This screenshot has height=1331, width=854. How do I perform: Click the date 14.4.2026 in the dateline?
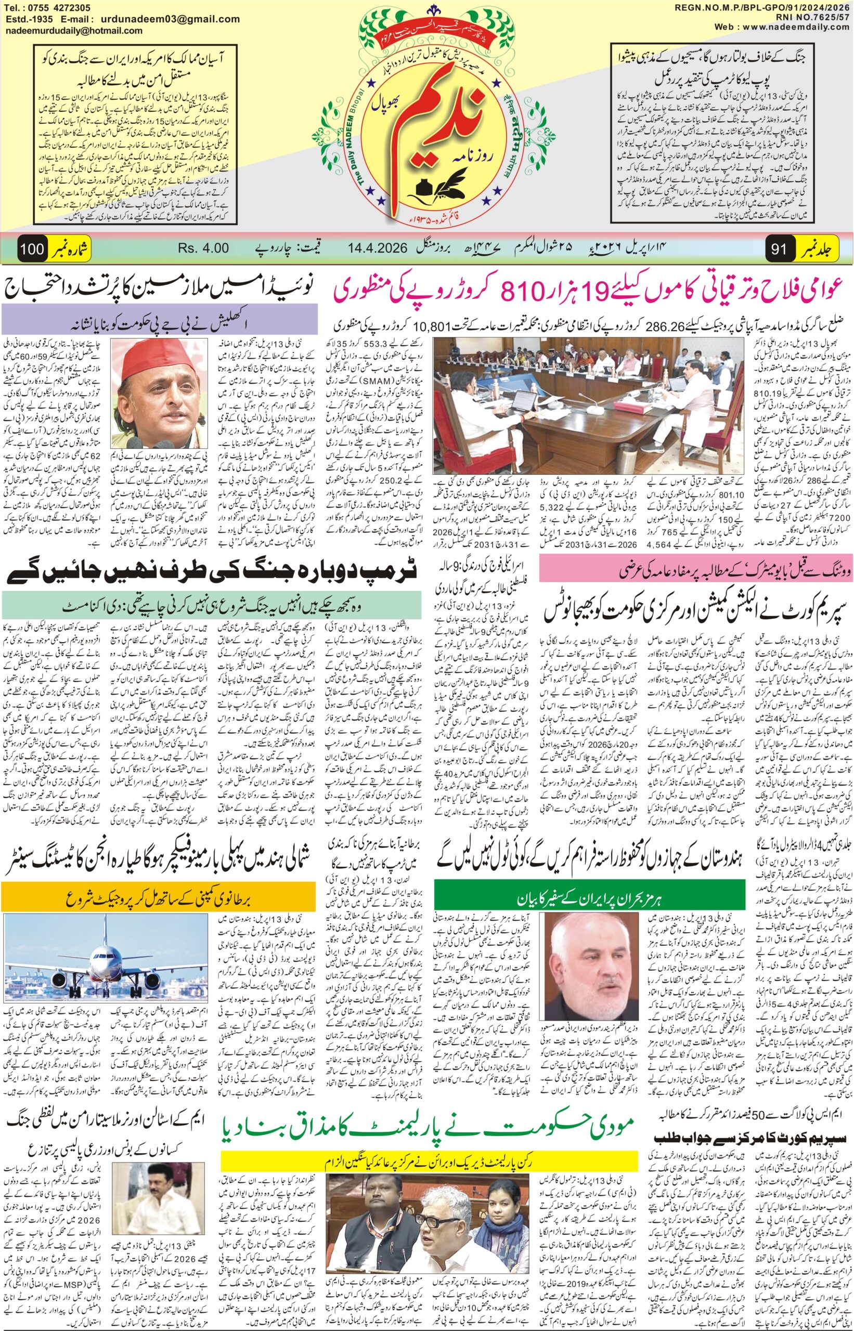[380, 248]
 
